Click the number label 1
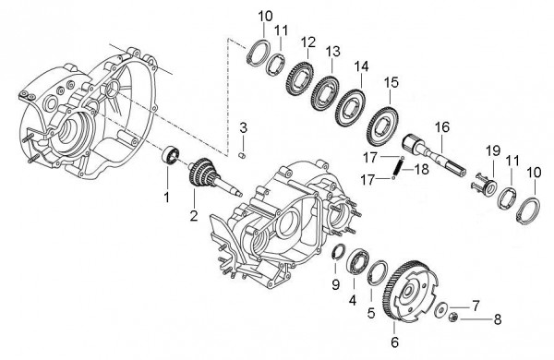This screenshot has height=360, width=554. tap(167, 197)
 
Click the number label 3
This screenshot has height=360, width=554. tap(243, 126)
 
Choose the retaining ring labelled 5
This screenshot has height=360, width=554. tap(378, 272)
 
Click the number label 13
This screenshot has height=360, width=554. tap(332, 50)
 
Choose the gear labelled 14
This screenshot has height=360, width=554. tap(352, 98)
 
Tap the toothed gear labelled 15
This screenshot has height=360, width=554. tap(384, 120)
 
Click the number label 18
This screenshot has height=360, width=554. tap(420, 168)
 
